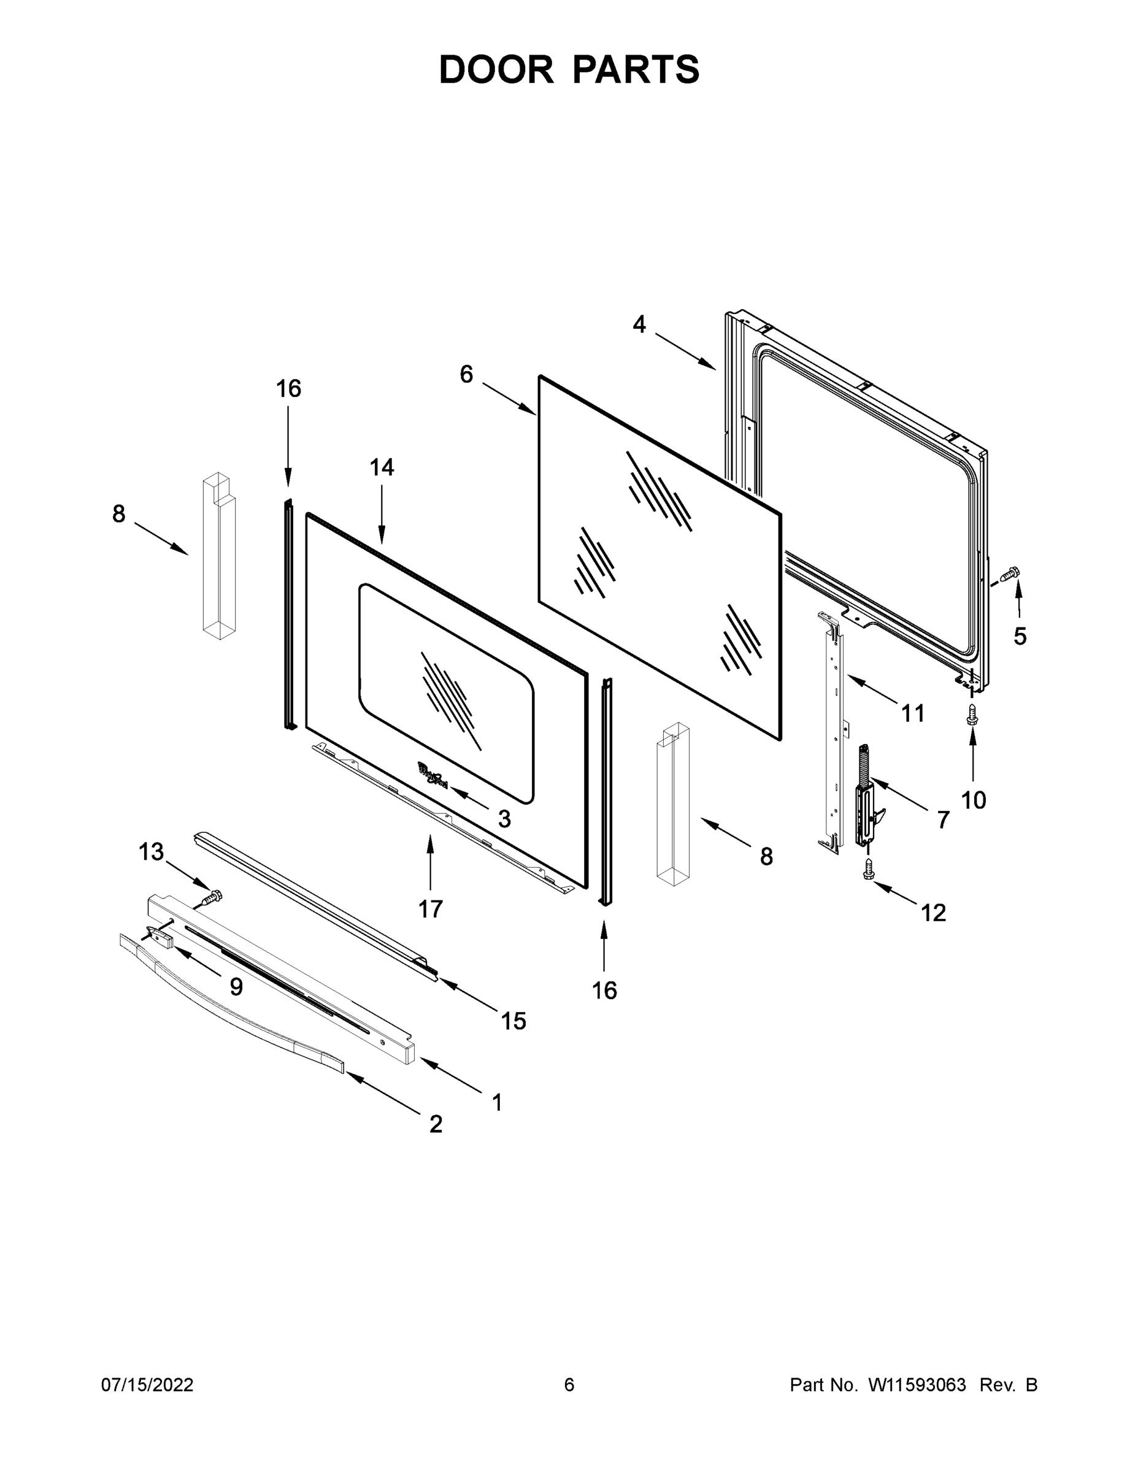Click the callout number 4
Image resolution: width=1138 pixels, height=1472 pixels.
[x=639, y=325]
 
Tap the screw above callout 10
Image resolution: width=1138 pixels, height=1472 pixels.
[x=972, y=715]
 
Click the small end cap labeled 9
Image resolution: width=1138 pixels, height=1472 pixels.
[x=158, y=935]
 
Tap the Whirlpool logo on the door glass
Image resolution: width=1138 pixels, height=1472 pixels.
[x=432, y=775]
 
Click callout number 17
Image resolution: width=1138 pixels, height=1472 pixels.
[x=431, y=909]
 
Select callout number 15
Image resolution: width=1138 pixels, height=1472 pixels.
[x=513, y=1021]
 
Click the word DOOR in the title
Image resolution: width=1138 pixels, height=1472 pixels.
[x=496, y=69]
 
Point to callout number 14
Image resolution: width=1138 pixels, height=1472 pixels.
[x=382, y=467]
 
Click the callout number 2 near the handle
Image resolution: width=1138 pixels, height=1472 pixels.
[x=436, y=1124]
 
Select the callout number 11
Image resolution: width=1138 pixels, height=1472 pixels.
[x=913, y=713]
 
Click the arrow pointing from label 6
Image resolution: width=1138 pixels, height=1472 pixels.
[x=509, y=399]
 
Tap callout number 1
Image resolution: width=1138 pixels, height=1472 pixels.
[x=497, y=1103]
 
